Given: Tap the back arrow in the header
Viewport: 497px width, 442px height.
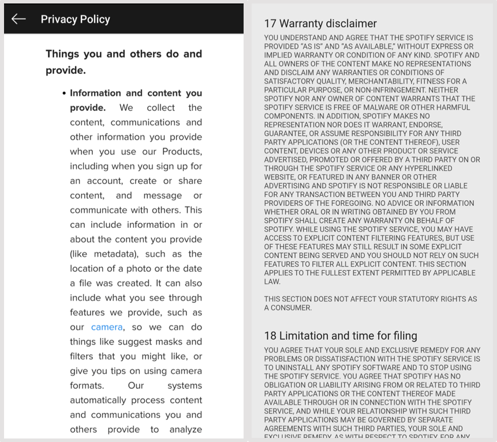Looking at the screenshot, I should tap(18, 19).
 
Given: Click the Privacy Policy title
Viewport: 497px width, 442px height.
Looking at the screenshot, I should tap(75, 19).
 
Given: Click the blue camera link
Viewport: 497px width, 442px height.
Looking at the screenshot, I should tap(107, 327).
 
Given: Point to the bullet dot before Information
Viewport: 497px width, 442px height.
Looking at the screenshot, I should tap(64, 93).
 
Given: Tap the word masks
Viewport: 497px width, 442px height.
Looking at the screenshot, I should tap(165, 342).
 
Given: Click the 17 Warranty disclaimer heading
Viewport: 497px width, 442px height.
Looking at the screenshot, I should tap(320, 24).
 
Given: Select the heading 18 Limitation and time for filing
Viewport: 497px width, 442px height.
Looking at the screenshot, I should tap(341, 336).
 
